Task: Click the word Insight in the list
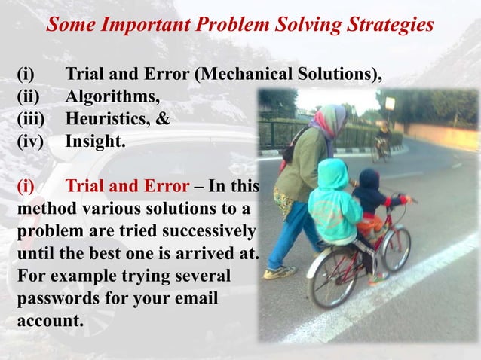[94, 139]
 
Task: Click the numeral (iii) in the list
[31, 118]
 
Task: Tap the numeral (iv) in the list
[31, 139]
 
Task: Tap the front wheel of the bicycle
[395, 248]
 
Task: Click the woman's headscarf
[329, 121]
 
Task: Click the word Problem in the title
[229, 25]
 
